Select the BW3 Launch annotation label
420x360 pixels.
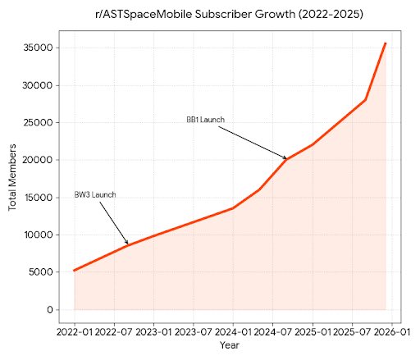tap(95, 194)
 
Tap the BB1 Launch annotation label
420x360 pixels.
tap(205, 120)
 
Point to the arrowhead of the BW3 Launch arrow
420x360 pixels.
tap(128, 244)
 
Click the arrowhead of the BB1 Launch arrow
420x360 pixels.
tap(287, 158)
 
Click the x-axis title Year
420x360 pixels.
tap(230, 345)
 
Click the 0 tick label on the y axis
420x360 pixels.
tap(52, 310)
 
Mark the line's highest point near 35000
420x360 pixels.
tap(386, 43)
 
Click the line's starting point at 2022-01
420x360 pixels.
tap(75, 270)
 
